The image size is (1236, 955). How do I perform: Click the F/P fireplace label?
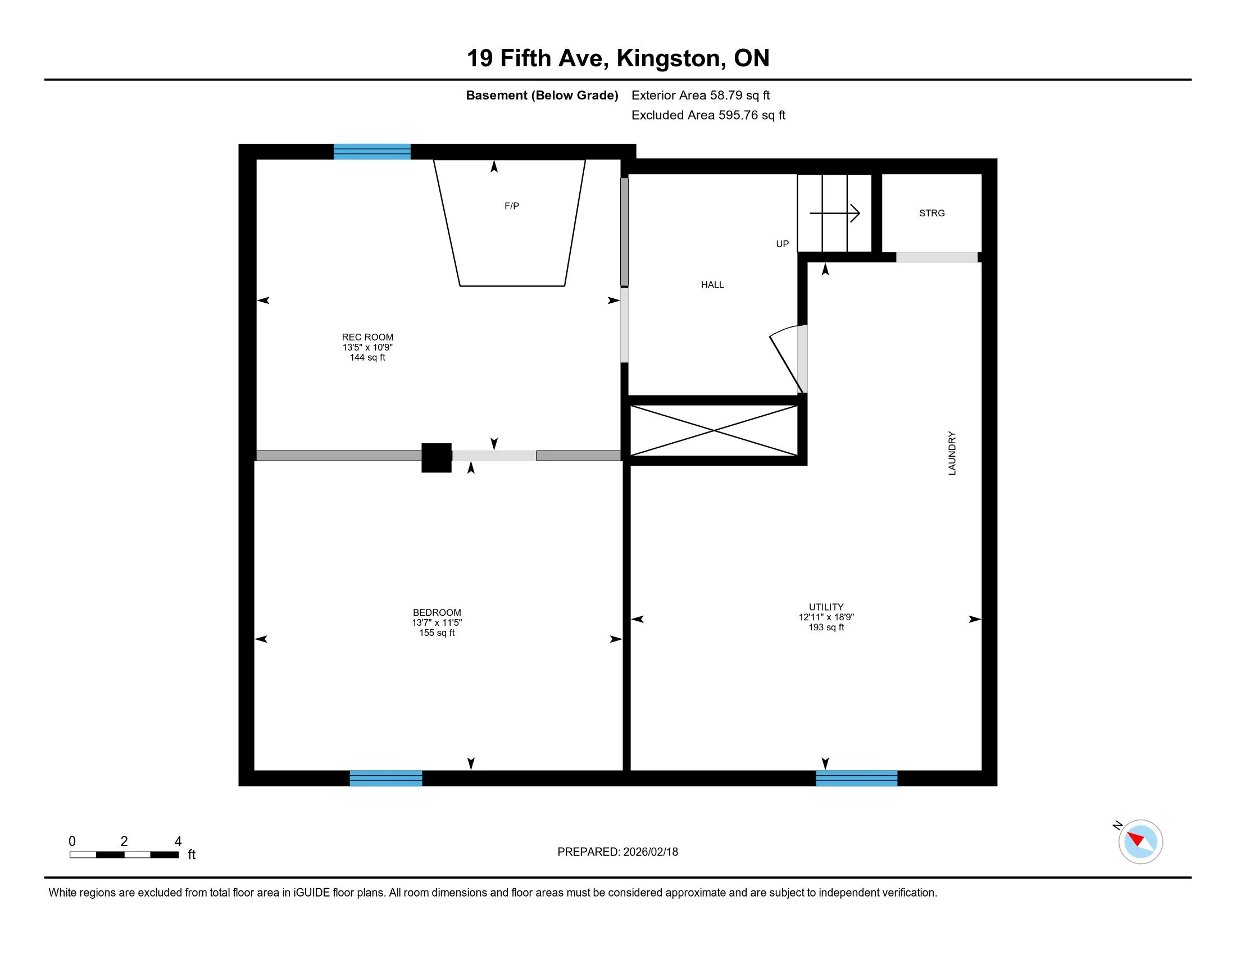512,207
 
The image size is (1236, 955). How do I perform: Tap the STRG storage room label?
931,213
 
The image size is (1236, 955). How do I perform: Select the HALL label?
712,285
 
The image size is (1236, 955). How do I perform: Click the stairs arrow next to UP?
835,213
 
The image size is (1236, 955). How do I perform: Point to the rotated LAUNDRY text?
952,453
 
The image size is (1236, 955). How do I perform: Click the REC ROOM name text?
367,337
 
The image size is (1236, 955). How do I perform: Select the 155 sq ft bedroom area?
437,633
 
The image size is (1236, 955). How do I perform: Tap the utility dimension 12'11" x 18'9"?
826,617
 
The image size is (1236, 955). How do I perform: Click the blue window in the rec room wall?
372,152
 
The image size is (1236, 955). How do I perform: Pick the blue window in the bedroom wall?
386,778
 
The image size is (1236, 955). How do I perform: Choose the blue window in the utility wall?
856,778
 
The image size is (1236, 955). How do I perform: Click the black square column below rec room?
437,458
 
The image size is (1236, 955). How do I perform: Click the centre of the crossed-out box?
714,430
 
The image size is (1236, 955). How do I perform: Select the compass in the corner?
1140,842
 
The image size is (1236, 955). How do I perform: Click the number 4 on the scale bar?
178,842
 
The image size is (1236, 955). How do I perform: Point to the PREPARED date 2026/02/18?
649,852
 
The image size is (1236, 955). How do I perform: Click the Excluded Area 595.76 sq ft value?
752,115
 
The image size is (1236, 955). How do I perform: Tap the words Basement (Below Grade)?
542,95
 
